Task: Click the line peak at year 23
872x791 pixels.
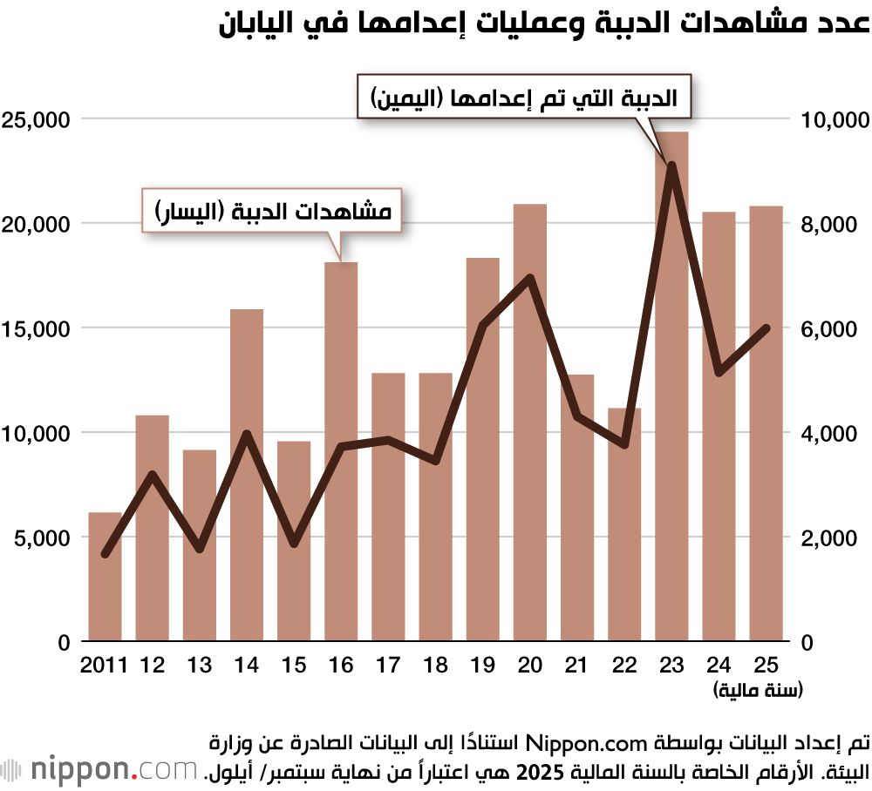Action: point(671,165)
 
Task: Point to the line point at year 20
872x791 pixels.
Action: point(530,278)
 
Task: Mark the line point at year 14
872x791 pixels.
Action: point(247,434)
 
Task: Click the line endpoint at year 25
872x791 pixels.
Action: point(766,328)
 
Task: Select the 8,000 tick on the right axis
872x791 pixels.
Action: point(828,224)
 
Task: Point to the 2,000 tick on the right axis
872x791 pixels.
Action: point(828,537)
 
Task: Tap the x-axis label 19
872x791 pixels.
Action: point(482,666)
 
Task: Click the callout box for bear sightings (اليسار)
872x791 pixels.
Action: point(271,211)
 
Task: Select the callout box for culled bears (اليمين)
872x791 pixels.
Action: point(523,98)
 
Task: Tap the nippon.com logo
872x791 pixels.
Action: point(99,769)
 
